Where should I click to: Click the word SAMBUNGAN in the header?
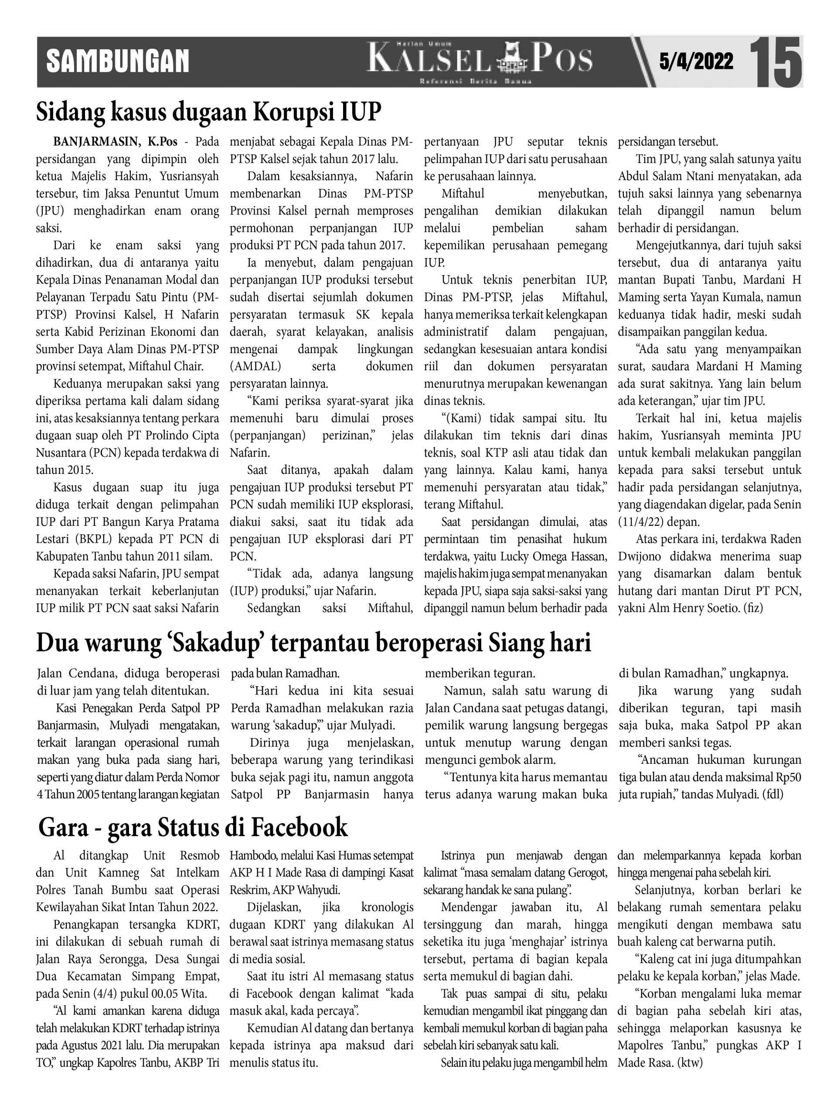(118, 61)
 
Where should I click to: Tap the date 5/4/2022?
(696, 61)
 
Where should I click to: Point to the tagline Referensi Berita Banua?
(475, 82)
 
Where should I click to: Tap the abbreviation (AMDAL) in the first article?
(256, 366)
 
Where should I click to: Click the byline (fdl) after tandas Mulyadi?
(773, 795)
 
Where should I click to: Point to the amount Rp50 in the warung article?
(789, 777)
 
